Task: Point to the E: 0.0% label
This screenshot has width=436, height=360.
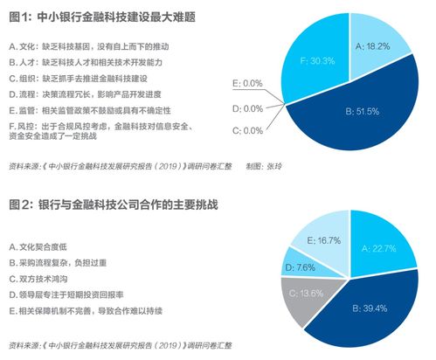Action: click(248, 82)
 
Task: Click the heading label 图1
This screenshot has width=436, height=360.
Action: click(23, 15)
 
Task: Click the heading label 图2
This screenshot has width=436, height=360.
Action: click(23, 204)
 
